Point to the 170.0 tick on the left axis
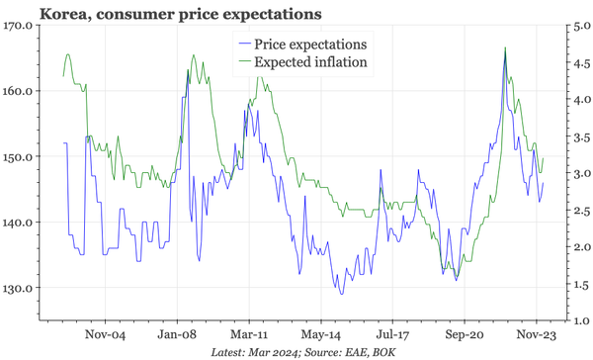[19, 26]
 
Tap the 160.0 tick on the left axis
[19, 91]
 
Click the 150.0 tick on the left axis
[19, 156]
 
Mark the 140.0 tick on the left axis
[19, 223]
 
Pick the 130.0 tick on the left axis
[19, 288]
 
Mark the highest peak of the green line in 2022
[506, 47]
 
